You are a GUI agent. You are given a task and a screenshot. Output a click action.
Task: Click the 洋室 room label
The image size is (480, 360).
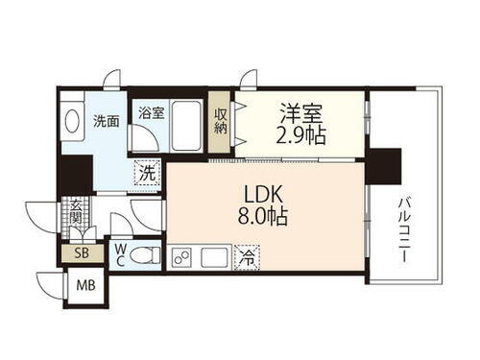[300, 110]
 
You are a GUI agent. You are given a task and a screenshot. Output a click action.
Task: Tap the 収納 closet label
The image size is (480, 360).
[221, 120]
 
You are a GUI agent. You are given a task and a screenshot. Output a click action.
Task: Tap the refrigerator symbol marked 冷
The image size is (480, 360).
[247, 257]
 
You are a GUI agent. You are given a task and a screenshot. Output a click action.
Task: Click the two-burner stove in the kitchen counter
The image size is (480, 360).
[182, 257]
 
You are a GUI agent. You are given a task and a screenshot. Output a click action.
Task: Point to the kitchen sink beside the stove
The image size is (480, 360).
[213, 256]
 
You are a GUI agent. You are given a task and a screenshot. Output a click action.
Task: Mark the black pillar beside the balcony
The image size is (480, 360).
[384, 165]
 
